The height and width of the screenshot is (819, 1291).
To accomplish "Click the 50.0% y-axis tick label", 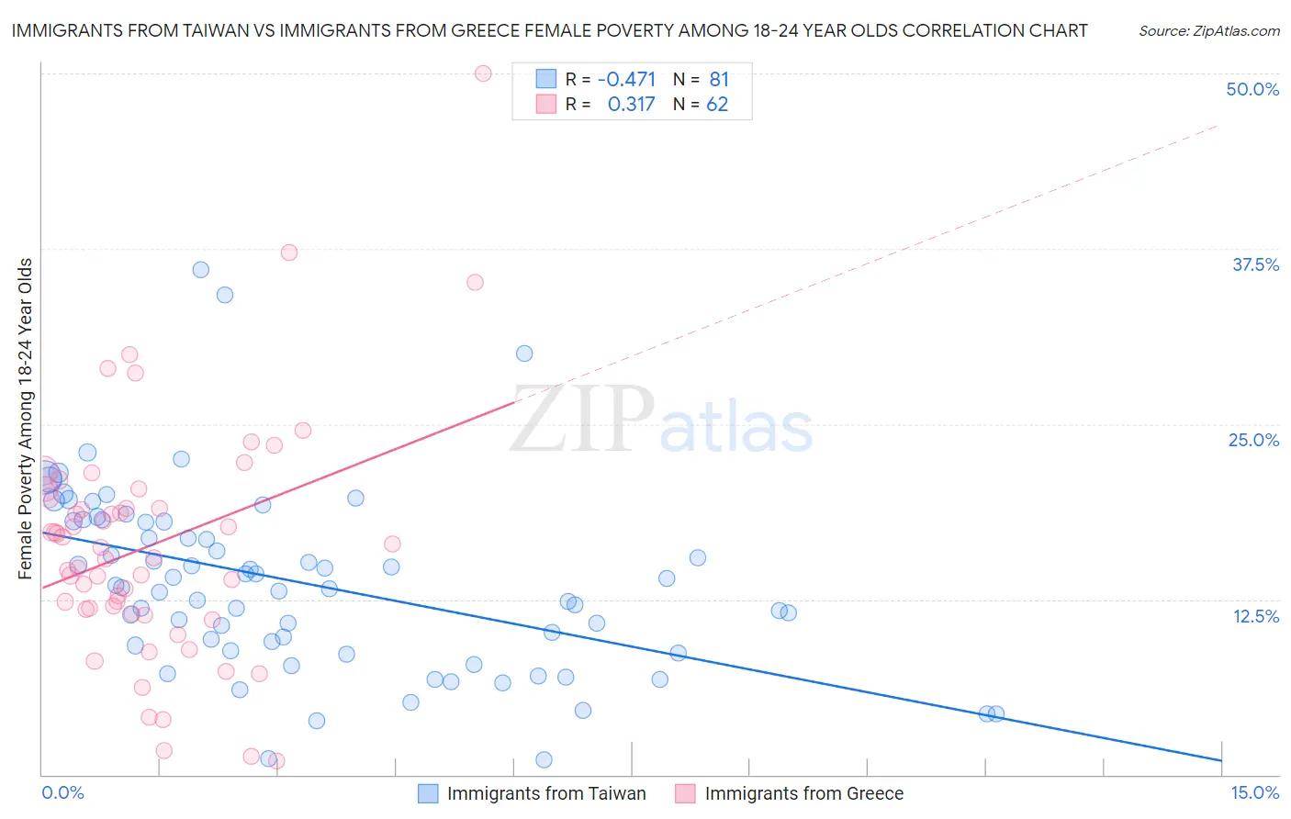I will pyautogui.click(x=1252, y=89).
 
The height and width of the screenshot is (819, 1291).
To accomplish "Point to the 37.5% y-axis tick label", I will pyautogui.click(x=1255, y=264).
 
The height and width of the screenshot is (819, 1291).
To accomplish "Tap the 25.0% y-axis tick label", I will pyautogui.click(x=1253, y=440).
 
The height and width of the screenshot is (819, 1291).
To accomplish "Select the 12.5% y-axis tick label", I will pyautogui.click(x=1255, y=616).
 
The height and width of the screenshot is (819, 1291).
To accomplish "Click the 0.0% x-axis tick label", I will pyautogui.click(x=62, y=792).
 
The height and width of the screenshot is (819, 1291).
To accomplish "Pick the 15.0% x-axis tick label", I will pyautogui.click(x=1254, y=792).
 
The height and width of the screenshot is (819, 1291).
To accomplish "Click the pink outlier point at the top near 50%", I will pyautogui.click(x=483, y=73).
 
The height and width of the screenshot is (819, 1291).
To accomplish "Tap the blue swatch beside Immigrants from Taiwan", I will pyautogui.click(x=428, y=793).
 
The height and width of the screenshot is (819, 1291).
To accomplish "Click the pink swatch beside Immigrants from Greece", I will pyautogui.click(x=685, y=793).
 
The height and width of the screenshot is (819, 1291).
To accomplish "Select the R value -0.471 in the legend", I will pyautogui.click(x=626, y=79).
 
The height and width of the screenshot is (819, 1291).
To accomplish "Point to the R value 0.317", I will pyautogui.click(x=631, y=104).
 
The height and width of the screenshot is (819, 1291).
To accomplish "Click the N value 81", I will pyautogui.click(x=719, y=79).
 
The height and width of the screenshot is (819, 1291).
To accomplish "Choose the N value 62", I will pyautogui.click(x=717, y=104).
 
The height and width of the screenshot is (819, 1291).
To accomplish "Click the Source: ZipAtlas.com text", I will pyautogui.click(x=1208, y=30).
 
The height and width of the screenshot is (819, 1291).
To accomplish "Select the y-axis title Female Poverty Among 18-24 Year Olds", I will pyautogui.click(x=26, y=419).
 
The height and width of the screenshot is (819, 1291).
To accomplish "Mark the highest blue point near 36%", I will pyautogui.click(x=201, y=270).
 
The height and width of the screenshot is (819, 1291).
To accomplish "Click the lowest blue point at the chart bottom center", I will pyautogui.click(x=544, y=759).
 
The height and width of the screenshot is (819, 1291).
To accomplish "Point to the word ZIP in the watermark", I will pyautogui.click(x=582, y=420).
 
